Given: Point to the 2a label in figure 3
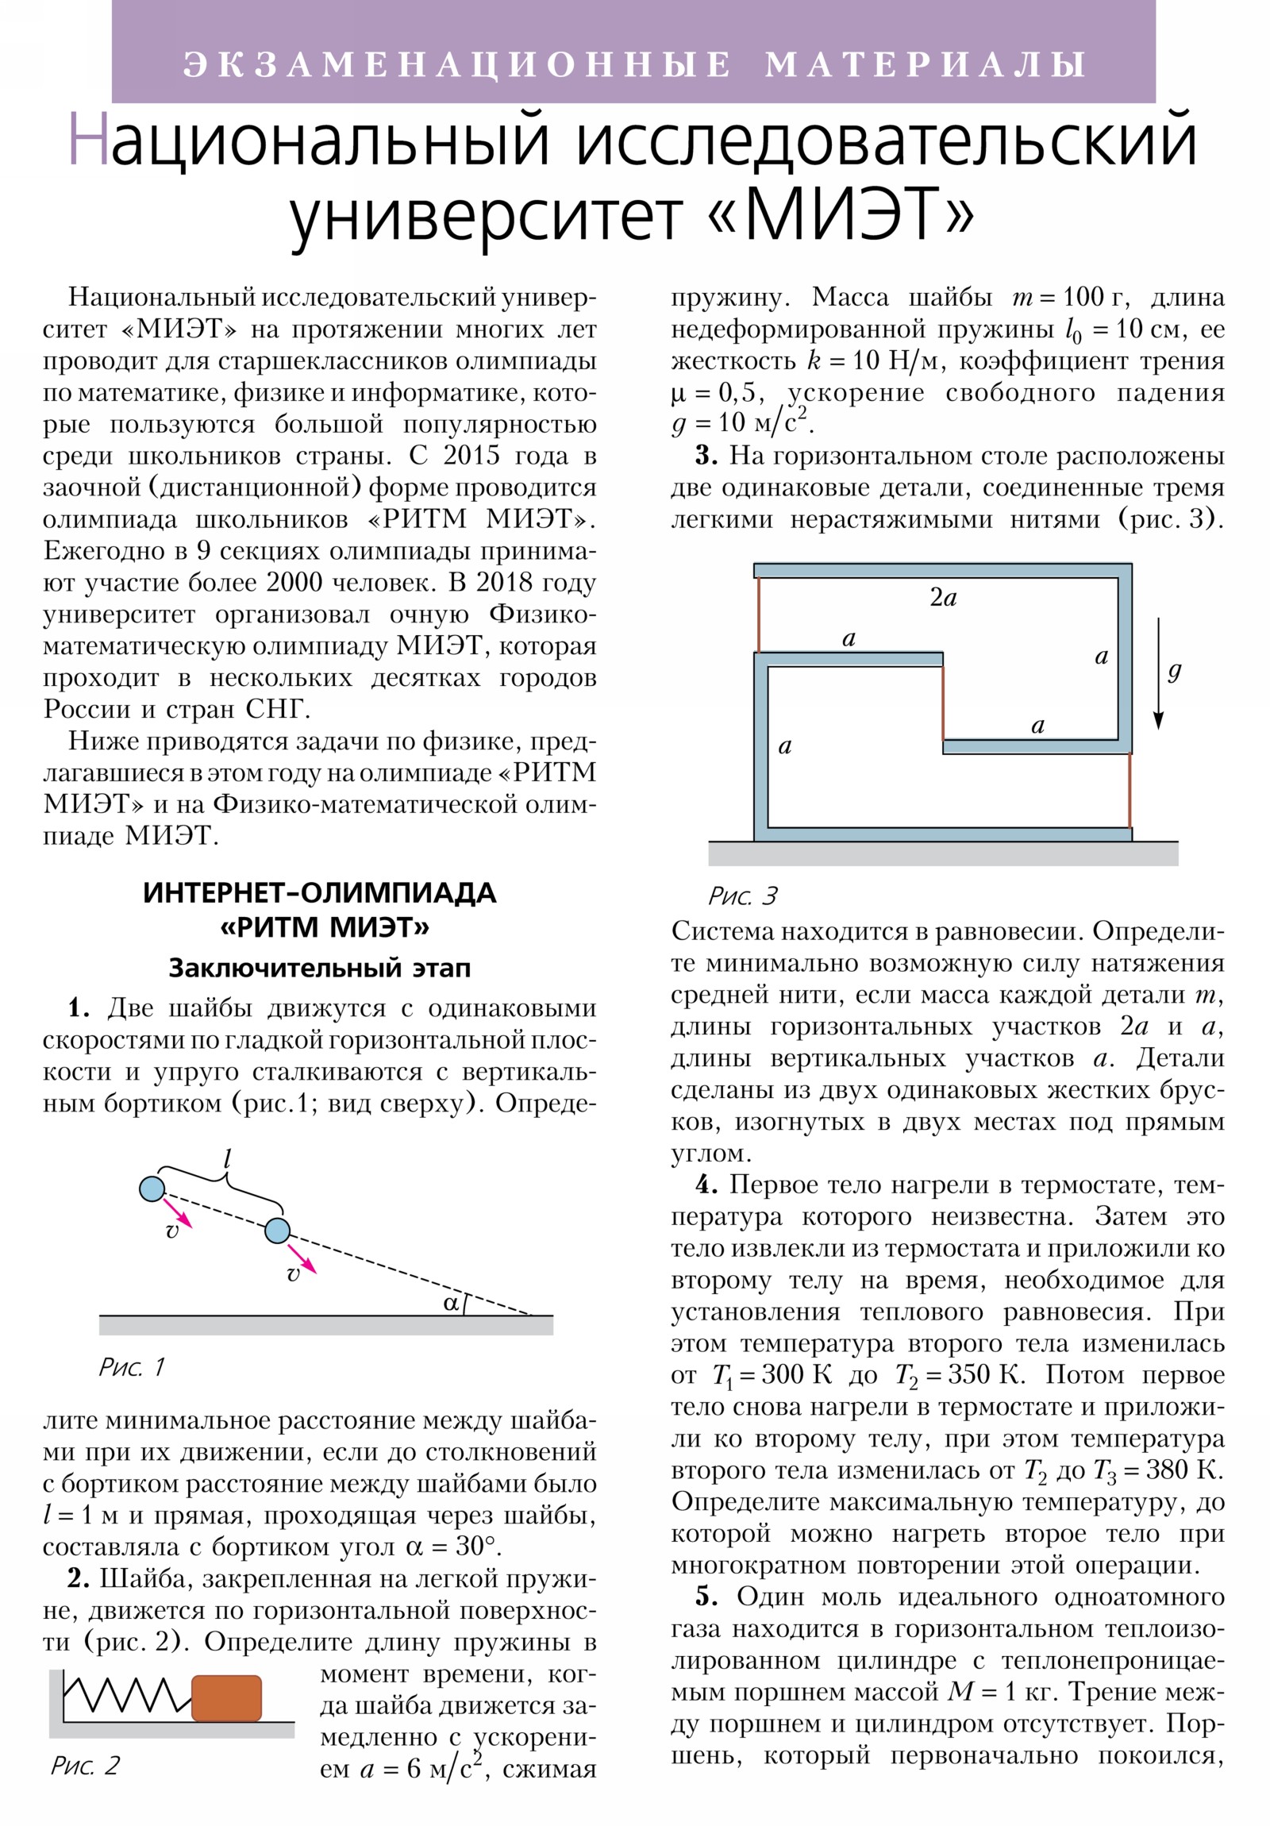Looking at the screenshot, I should (x=943, y=598).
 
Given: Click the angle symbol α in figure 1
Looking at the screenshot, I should (x=451, y=1304).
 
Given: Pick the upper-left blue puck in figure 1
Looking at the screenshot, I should (x=152, y=1189).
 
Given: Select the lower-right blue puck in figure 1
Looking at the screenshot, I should (x=277, y=1231).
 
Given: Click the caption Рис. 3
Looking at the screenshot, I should (x=742, y=896).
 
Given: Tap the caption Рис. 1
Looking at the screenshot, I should (x=131, y=1367).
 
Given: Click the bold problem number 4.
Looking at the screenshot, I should (x=706, y=1186).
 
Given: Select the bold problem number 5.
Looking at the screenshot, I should (x=706, y=1597).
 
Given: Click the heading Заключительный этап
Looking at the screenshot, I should (x=320, y=968).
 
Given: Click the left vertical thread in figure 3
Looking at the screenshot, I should (x=758, y=614).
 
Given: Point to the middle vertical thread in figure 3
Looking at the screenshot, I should (x=943, y=703).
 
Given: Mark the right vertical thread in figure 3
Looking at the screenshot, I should (x=1130, y=791).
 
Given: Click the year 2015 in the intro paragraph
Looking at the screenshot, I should (x=471, y=456).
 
